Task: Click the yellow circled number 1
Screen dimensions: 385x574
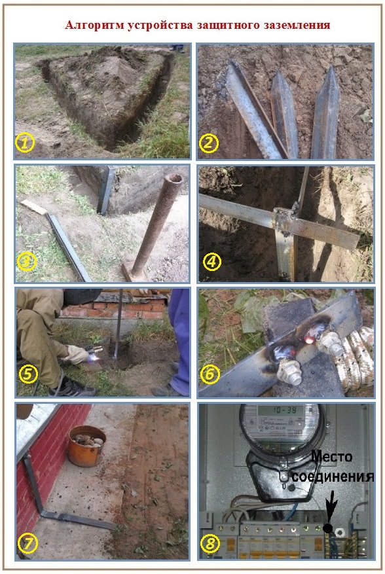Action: (x=24, y=143)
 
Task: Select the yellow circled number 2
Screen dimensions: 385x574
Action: (x=209, y=143)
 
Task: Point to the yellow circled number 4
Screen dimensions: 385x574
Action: (x=212, y=262)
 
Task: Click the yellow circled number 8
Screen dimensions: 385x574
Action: (x=210, y=543)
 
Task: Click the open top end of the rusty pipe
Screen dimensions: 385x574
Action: (x=173, y=180)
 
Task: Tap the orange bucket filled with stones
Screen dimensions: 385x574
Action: (x=87, y=446)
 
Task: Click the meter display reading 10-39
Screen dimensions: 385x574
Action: (x=281, y=410)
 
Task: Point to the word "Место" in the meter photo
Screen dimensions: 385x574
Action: (x=331, y=457)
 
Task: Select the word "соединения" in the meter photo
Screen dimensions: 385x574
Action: (x=333, y=476)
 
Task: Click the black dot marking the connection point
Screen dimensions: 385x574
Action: (x=327, y=528)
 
